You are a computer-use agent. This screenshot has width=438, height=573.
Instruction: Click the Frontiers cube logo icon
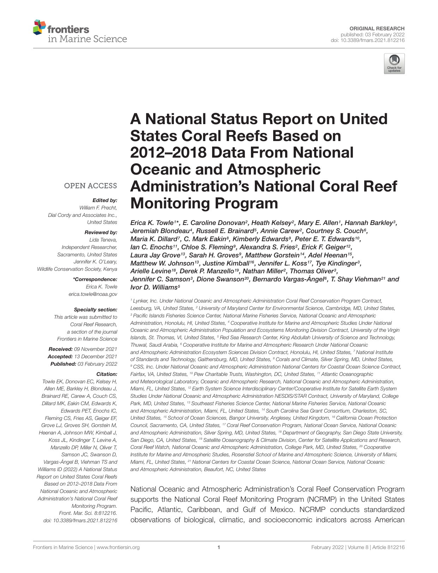click(39, 27)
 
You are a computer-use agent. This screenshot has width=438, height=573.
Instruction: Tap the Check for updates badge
click(394, 64)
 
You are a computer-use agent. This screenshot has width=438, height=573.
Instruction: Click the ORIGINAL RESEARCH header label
click(377, 28)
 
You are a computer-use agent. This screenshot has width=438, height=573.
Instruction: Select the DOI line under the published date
click(367, 40)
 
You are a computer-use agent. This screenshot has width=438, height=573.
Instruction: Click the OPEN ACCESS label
click(90, 186)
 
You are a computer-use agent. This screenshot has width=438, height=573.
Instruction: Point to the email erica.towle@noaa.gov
click(93, 294)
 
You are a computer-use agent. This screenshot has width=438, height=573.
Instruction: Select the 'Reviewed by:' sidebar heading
click(101, 232)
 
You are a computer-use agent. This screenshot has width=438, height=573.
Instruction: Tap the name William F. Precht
click(98, 208)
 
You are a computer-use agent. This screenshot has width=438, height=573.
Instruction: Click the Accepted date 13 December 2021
click(95, 356)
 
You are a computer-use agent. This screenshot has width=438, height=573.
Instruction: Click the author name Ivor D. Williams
click(154, 287)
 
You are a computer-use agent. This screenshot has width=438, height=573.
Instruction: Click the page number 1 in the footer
click(219, 547)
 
